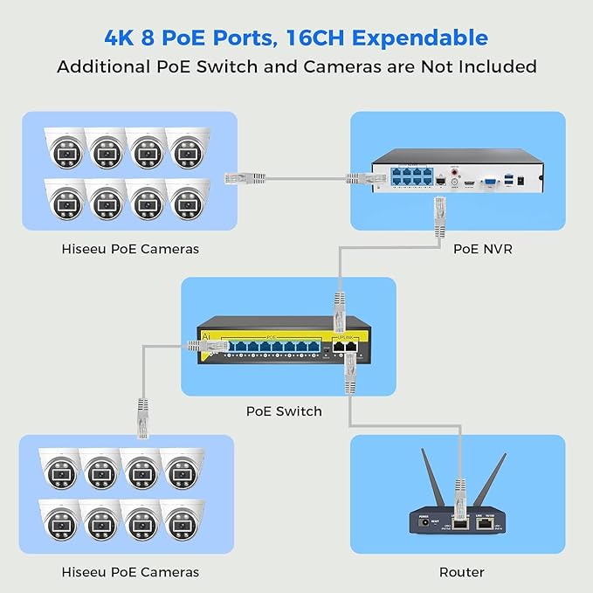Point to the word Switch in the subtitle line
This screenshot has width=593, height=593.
click(252, 66)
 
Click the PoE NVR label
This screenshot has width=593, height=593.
click(482, 249)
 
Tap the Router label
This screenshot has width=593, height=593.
click(462, 572)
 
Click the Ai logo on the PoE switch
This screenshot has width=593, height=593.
click(205, 335)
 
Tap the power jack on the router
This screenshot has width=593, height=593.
click(427, 525)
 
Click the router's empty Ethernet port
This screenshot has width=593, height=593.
click(482, 526)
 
